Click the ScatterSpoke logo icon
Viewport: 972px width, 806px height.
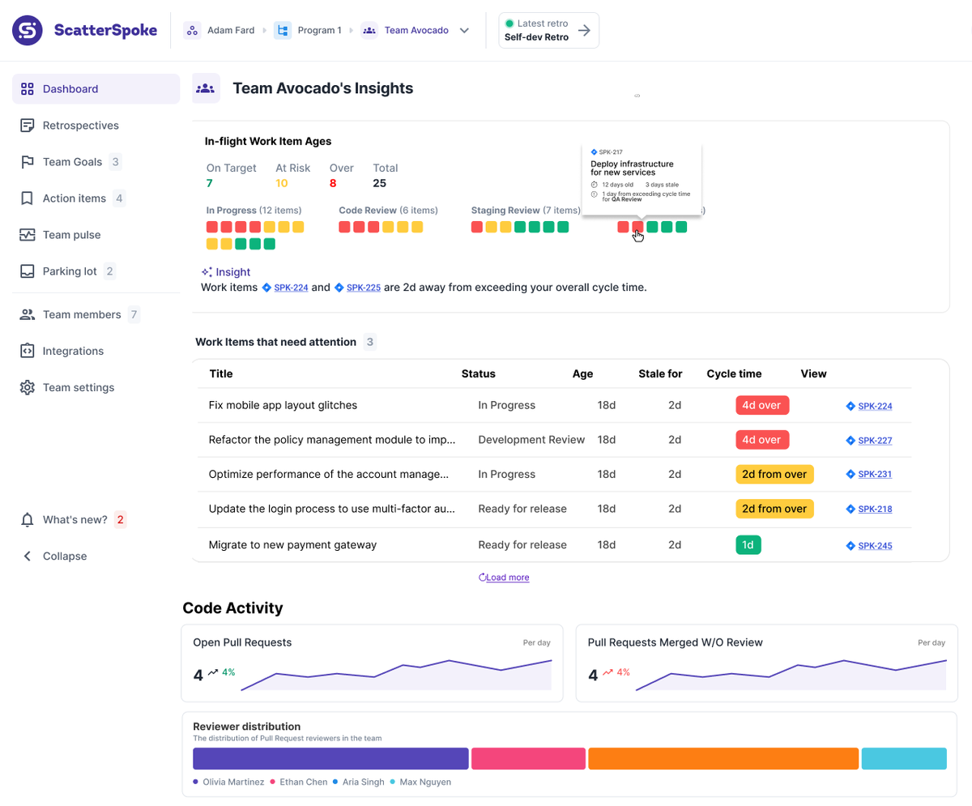(27, 31)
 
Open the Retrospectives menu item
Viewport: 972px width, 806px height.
(80, 126)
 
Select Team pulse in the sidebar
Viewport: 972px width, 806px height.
(71, 235)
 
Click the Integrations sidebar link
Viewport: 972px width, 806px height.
(73, 351)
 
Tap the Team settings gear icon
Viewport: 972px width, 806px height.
(28, 387)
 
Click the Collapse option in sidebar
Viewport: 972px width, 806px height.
(64, 556)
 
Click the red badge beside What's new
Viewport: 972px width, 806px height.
(120, 519)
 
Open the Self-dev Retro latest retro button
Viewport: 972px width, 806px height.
(548, 31)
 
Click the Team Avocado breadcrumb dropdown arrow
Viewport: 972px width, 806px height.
(464, 31)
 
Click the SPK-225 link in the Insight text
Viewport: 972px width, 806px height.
(363, 288)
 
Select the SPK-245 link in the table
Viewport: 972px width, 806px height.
(875, 546)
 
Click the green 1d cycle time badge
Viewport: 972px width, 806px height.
(748, 545)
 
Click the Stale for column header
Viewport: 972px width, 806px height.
(660, 373)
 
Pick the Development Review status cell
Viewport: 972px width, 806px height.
(531, 440)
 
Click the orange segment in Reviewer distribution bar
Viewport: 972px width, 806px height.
(723, 758)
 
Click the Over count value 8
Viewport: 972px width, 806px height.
(333, 183)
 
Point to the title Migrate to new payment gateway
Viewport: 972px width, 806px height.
(292, 545)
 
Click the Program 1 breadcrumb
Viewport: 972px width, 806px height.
(319, 31)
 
